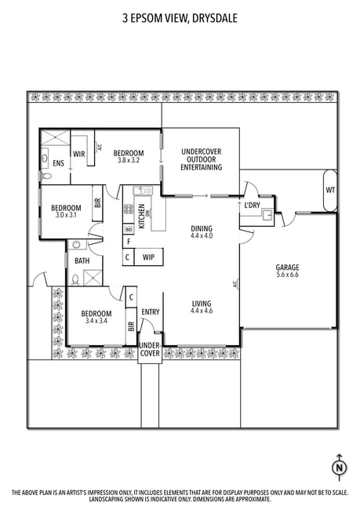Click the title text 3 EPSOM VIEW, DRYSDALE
tap(180, 18)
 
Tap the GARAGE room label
tap(287, 268)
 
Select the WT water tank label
tap(330, 190)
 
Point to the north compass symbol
tap(339, 468)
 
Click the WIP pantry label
tap(148, 257)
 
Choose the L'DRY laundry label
tap(252, 206)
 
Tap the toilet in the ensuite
tap(45, 176)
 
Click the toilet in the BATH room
tap(75, 280)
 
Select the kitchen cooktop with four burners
tap(129, 209)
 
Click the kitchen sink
tap(143, 191)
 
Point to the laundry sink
tap(268, 214)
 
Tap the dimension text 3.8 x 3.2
tap(128, 160)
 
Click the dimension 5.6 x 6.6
tap(287, 275)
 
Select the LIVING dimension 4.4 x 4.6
tap(202, 311)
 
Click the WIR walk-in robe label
tap(78, 154)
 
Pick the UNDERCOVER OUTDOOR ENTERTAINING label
tap(202, 159)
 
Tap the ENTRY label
tap(151, 312)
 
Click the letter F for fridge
tap(129, 242)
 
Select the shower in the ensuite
tap(55, 137)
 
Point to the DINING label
tap(202, 228)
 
